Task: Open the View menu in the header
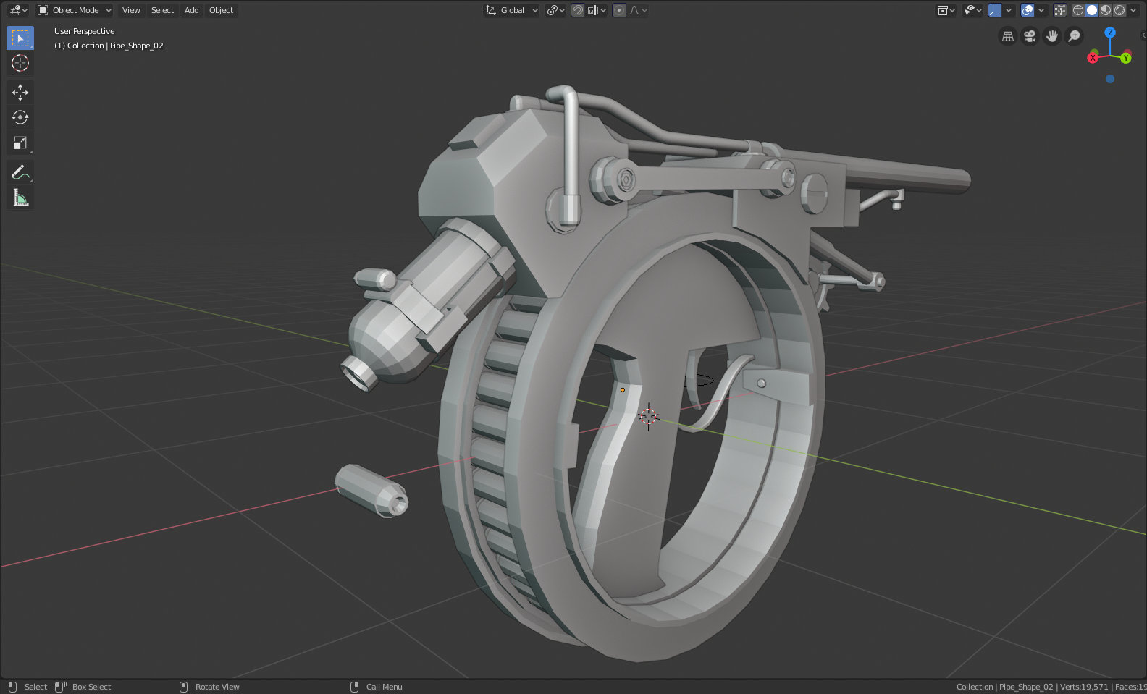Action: pos(131,10)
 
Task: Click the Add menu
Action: pos(191,10)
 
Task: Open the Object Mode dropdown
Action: pos(75,10)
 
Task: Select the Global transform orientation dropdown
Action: pos(512,10)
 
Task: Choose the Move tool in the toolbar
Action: pos(20,92)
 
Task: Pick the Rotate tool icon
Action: pos(20,117)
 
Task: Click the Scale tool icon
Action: pos(20,143)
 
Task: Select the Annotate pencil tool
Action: pos(20,172)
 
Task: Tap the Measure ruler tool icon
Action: pos(20,198)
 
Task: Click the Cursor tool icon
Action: pos(20,63)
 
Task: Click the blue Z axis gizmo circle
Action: pos(1110,33)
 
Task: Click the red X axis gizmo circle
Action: pos(1093,58)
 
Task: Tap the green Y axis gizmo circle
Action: pos(1126,58)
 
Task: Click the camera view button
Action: pos(1030,36)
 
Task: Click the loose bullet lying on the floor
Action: pos(371,491)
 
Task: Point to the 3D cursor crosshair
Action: pos(648,416)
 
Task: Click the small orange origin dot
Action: pos(622,390)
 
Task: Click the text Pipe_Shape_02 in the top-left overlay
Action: pos(136,46)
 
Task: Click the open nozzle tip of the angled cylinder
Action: pos(358,373)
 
